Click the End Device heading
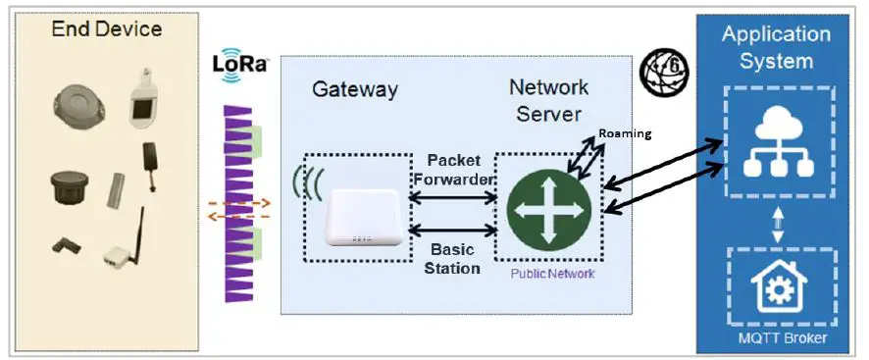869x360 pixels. [x=106, y=29]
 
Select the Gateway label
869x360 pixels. [x=355, y=90]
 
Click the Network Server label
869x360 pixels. [x=549, y=100]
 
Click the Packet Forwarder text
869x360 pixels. [x=453, y=170]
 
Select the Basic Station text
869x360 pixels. [x=453, y=258]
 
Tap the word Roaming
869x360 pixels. [x=625, y=132]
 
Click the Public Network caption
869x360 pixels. [x=552, y=274]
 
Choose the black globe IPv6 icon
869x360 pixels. [x=665, y=72]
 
